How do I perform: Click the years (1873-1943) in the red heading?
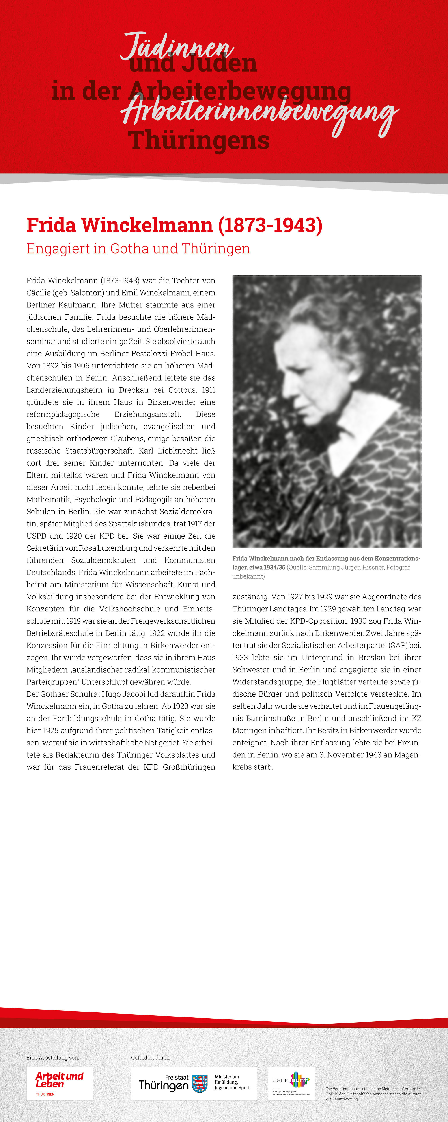(270, 225)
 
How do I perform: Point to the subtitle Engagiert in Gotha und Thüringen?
(138, 249)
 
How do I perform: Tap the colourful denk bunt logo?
(291, 1083)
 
